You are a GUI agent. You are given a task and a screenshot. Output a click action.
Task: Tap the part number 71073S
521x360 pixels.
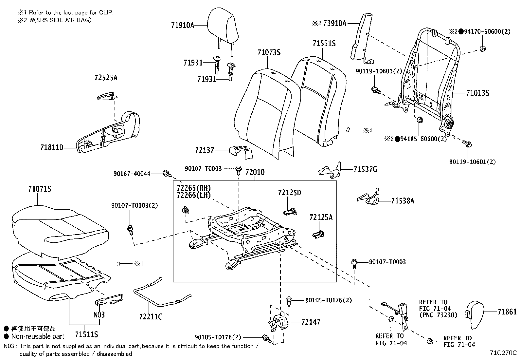pos(269,52)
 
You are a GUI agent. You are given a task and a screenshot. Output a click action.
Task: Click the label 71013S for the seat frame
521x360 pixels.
pos(477,93)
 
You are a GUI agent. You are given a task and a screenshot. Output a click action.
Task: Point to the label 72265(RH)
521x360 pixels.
pos(193,188)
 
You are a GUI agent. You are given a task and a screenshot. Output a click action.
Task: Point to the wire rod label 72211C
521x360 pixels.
pos(150,316)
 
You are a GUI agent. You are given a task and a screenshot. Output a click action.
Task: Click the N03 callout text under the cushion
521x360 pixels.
pos(99,314)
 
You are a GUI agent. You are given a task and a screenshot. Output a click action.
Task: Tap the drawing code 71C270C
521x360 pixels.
pos(503,353)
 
